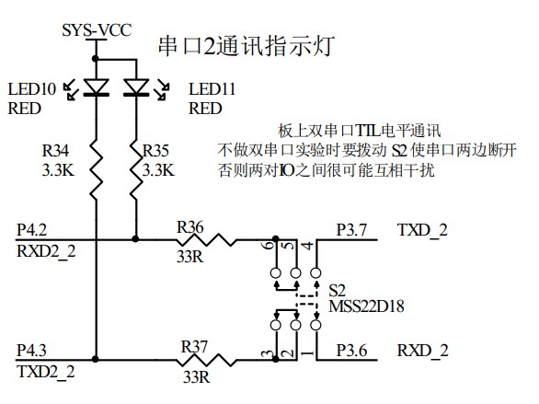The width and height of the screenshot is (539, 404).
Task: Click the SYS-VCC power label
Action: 96,30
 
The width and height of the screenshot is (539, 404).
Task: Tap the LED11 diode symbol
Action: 136,88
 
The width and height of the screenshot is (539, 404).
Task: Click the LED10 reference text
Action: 31,89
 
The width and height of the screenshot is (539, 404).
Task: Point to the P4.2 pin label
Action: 32,229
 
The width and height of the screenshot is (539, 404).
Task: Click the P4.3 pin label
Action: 32,351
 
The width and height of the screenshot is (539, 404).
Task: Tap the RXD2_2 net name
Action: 45,250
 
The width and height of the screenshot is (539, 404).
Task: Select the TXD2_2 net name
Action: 45,372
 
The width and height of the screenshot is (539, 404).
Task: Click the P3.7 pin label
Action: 351,229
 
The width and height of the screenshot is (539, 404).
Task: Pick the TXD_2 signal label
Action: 422,229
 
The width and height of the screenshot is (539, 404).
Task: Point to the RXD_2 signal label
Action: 422,351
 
